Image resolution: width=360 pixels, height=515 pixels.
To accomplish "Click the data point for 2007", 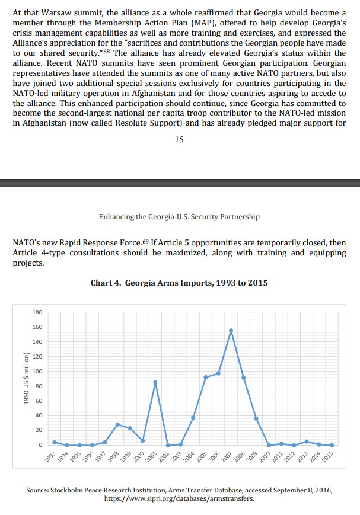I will point(231,330).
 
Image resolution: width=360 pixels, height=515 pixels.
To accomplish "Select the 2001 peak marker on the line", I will point(155,382).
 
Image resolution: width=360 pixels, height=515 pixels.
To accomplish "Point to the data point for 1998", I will point(117,424).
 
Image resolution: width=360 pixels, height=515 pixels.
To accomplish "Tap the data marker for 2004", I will point(193,418).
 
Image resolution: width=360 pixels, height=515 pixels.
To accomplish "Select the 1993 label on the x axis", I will point(50,456).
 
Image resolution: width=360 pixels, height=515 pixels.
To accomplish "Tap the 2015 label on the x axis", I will point(327,456).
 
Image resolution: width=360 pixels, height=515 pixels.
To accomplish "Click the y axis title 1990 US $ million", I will point(27,378).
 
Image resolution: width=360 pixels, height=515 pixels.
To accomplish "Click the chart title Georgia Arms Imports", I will point(179,283).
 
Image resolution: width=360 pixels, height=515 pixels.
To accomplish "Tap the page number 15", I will point(179,139).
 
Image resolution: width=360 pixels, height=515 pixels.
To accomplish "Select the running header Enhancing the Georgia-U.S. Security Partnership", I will point(179,217).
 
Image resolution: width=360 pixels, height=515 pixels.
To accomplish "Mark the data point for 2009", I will point(256,418).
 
